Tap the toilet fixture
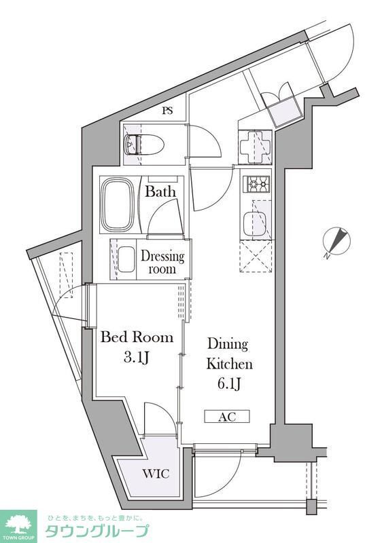[x=143, y=145]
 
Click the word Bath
[x=160, y=192]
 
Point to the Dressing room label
[x=162, y=262]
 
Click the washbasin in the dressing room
[x=126, y=259]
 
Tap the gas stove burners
[x=258, y=183]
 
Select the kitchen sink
[x=257, y=223]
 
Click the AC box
[x=227, y=416]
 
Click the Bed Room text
[x=137, y=337]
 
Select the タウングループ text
[x=96, y=531]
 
